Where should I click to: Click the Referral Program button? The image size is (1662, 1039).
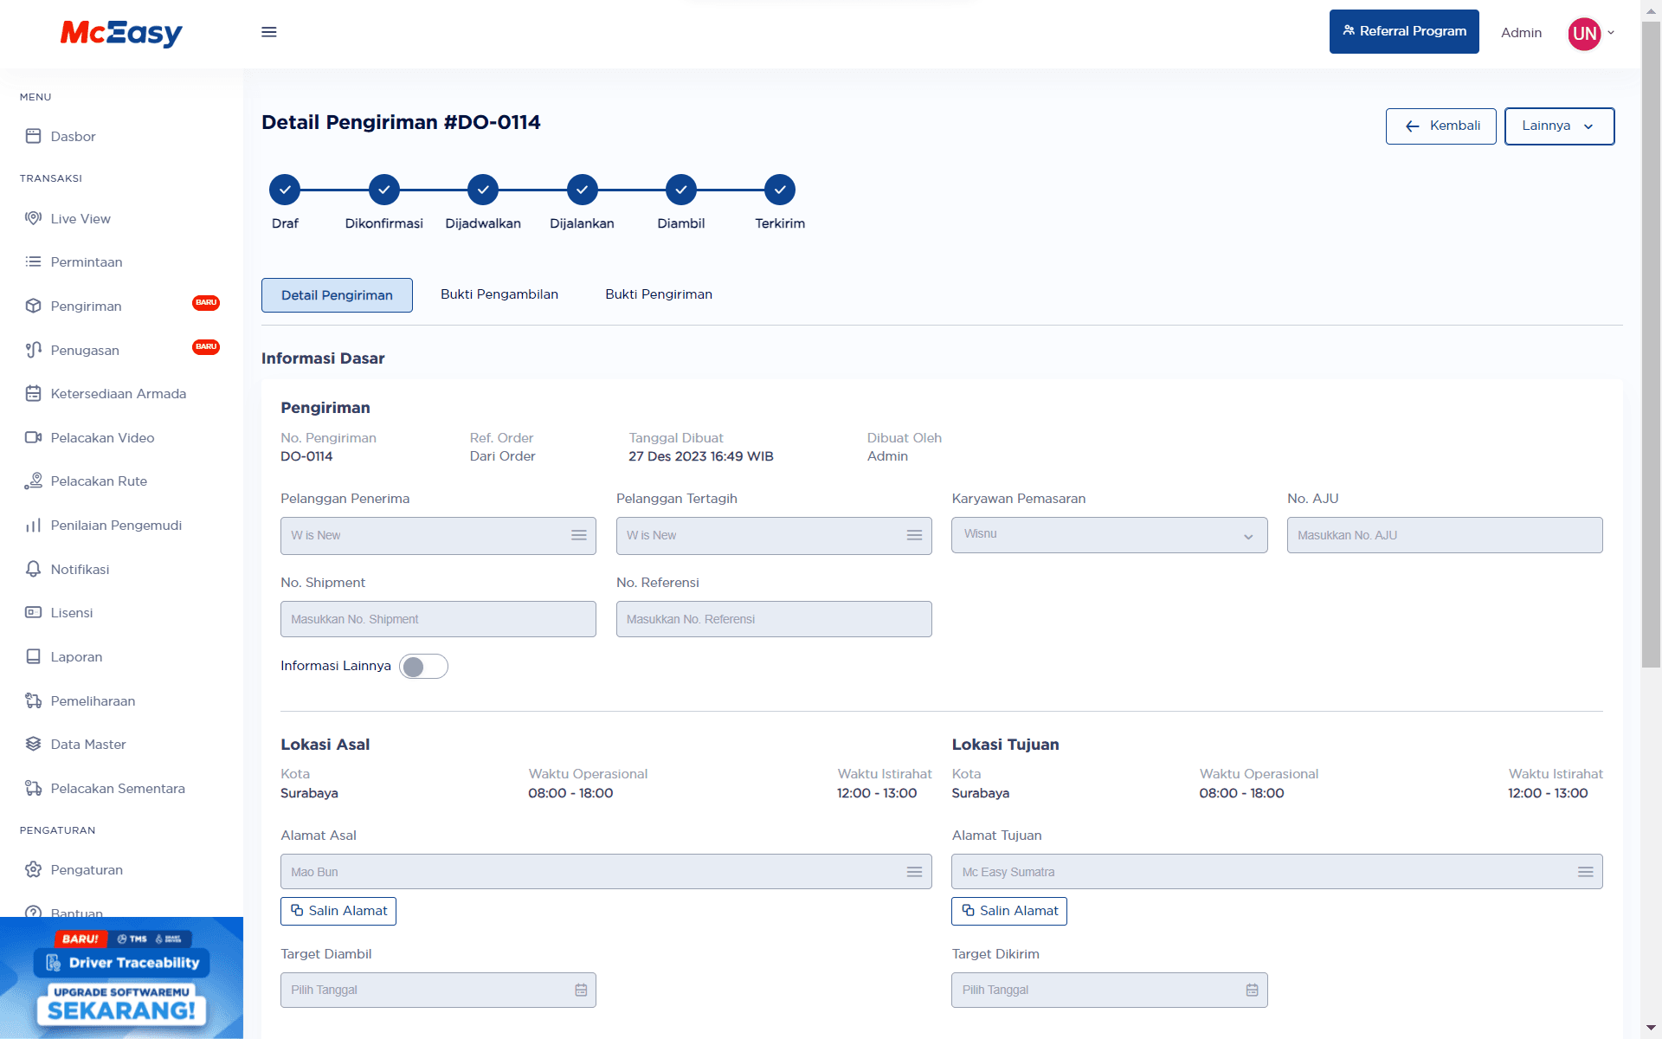[x=1403, y=32]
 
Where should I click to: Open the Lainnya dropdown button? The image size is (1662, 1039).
[x=1558, y=126]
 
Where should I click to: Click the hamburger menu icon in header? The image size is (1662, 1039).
[x=269, y=32]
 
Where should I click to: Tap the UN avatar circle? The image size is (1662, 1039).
[x=1583, y=34]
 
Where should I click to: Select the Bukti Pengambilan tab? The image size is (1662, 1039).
[x=499, y=294]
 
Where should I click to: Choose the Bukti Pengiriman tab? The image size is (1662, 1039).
[x=658, y=294]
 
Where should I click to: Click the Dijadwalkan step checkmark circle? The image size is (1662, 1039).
[x=483, y=190]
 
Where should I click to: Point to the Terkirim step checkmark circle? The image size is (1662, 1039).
[x=779, y=190]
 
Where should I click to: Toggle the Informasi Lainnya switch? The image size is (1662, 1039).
[x=423, y=667]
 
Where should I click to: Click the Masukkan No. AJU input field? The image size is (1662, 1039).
[x=1444, y=535]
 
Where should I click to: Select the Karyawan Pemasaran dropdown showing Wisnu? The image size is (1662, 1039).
[x=1109, y=535]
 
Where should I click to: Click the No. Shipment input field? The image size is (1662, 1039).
[x=438, y=619]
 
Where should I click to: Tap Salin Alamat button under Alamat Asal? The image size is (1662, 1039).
[x=338, y=911]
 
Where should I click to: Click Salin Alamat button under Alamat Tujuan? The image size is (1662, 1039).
[x=1008, y=911]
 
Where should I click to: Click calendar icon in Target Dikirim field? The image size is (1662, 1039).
[x=1252, y=990]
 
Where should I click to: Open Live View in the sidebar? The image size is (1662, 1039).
[x=81, y=219]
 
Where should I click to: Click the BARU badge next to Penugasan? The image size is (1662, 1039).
[x=206, y=347]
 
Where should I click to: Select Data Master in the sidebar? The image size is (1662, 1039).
[x=87, y=745]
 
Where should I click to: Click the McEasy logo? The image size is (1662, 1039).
[x=121, y=33]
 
